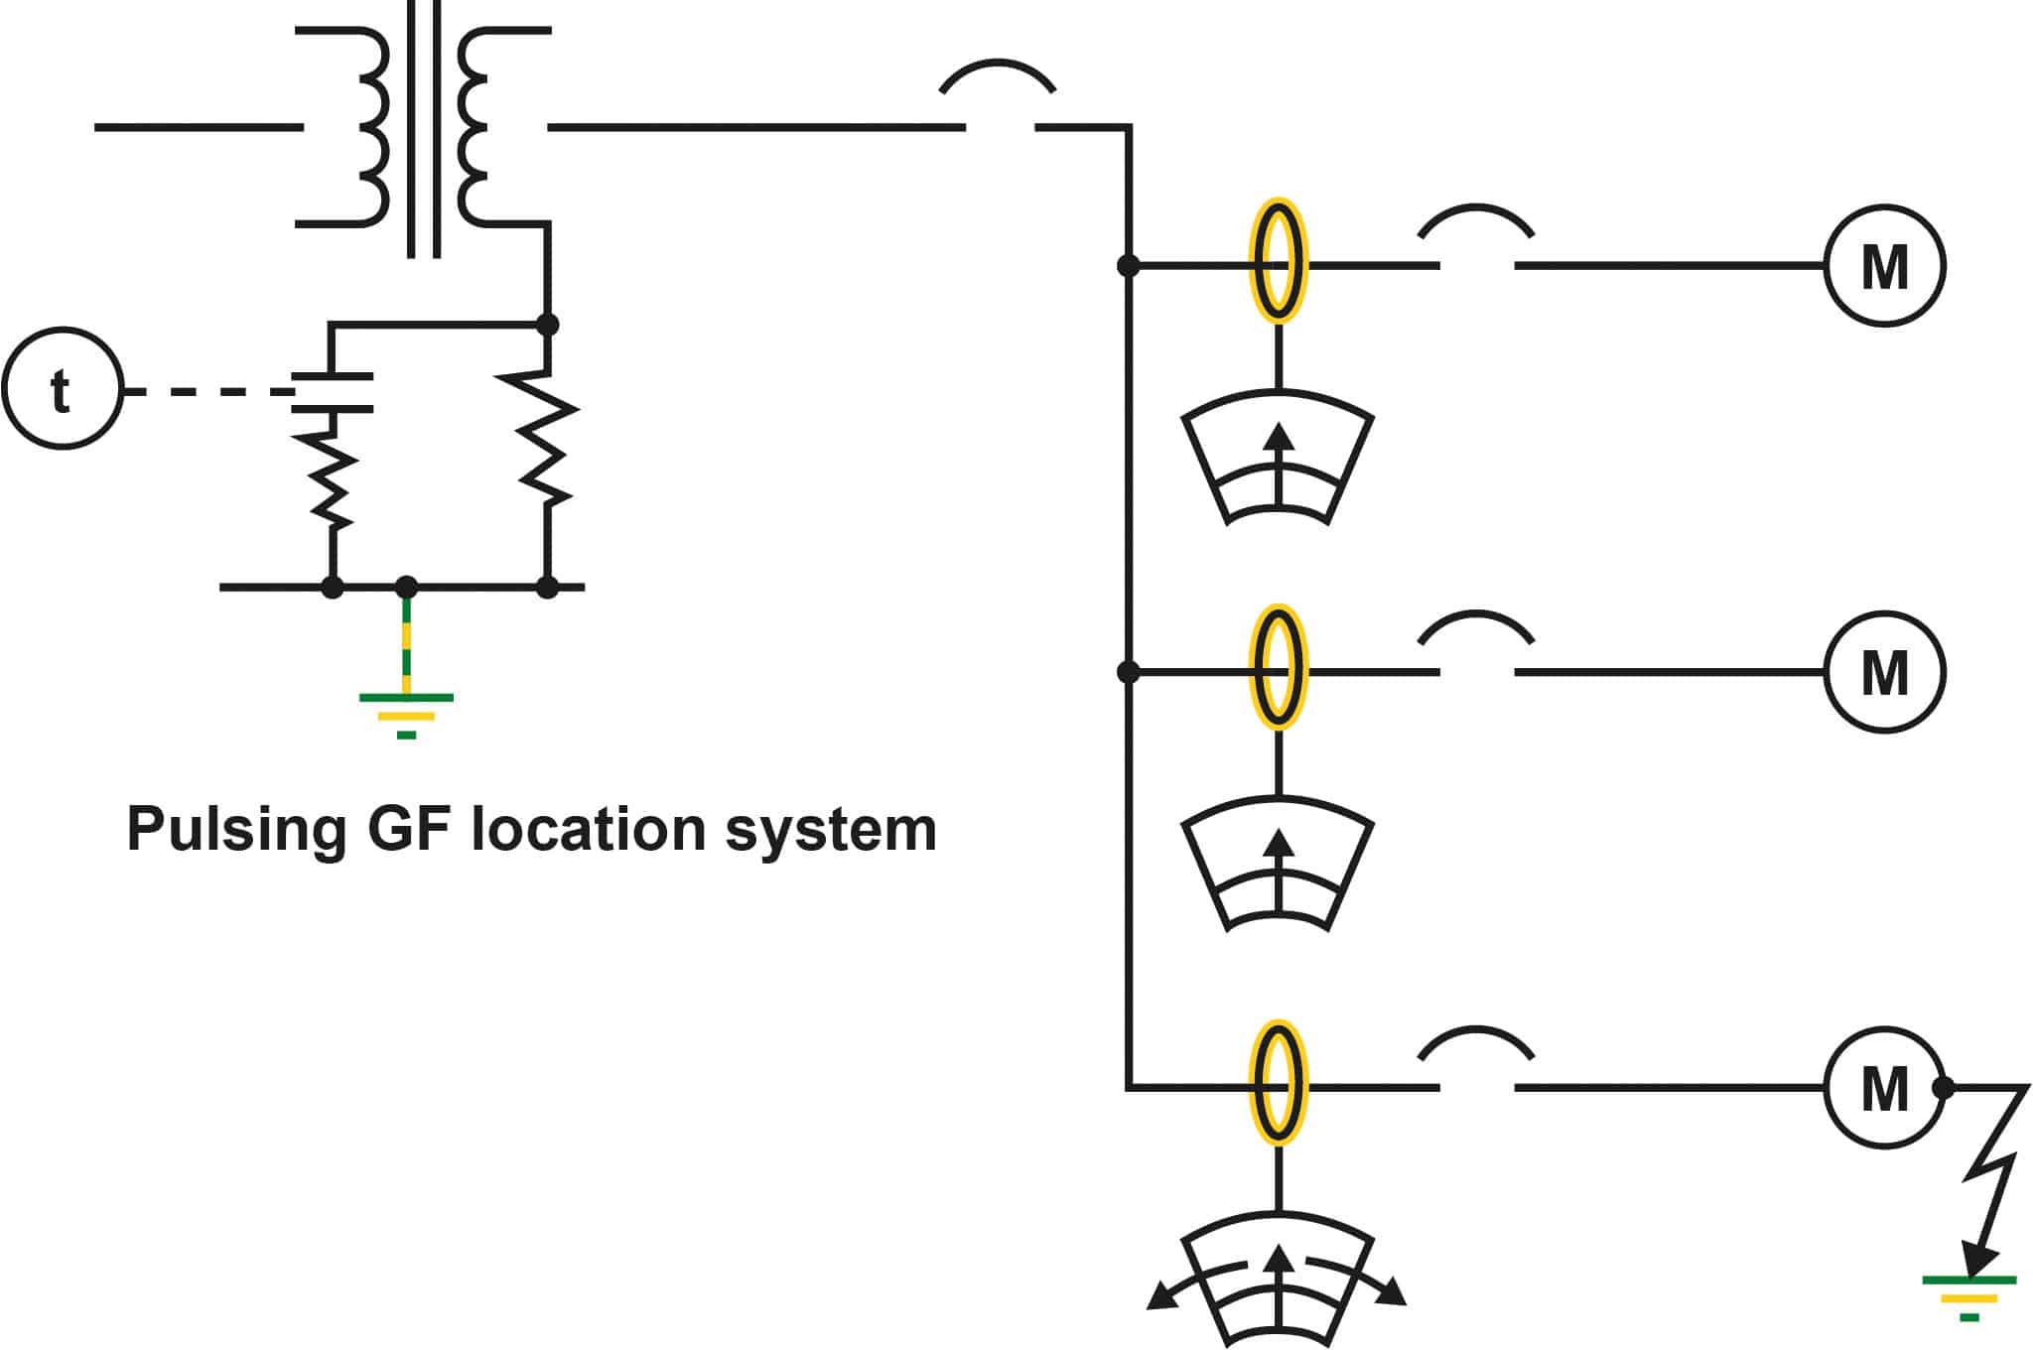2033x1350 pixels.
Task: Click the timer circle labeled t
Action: (62, 389)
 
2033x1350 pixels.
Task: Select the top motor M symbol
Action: (1883, 266)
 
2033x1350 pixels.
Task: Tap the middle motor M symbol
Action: (1883, 672)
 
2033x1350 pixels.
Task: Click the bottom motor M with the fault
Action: (1883, 1088)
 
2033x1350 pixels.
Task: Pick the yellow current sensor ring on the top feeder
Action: (1278, 260)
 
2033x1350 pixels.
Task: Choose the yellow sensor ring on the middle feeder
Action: (1278, 666)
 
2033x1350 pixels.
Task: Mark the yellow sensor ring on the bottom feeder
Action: (1278, 1082)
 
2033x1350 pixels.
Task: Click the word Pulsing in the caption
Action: (236, 830)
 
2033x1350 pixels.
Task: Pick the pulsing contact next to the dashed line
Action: (333, 392)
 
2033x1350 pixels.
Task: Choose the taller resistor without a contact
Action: (547, 437)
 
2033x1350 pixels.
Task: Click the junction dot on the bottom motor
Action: (1943, 1088)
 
